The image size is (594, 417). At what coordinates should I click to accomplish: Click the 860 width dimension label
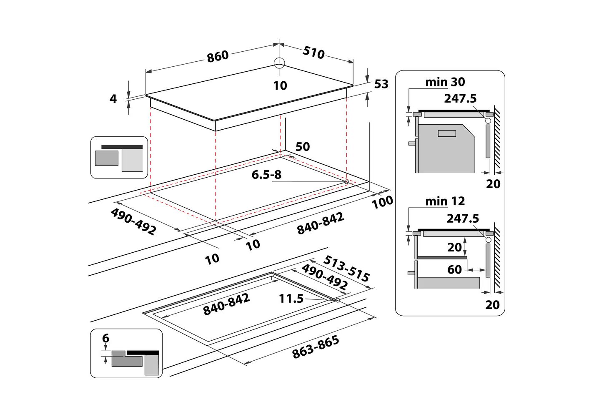tap(218, 56)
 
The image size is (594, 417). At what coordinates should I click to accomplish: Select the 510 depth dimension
tap(313, 52)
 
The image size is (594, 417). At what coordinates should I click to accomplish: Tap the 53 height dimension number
tap(381, 84)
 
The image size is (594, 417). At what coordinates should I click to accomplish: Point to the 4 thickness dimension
tap(113, 99)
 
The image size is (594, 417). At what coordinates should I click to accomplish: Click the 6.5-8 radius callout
tap(266, 175)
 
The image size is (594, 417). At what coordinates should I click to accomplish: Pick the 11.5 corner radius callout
tap(291, 299)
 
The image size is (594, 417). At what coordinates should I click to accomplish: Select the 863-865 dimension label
tap(316, 347)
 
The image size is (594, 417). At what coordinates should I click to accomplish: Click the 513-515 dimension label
tap(346, 269)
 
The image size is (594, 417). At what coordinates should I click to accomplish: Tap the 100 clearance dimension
tap(382, 202)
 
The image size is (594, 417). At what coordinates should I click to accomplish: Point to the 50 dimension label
tap(303, 147)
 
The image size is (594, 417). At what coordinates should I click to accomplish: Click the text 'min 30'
tap(445, 82)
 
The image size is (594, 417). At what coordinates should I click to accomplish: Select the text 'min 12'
tap(445, 201)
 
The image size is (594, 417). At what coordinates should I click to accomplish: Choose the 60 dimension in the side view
tap(454, 270)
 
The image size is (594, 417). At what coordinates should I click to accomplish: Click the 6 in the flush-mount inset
tap(105, 338)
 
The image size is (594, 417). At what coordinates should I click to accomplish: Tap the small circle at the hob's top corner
tap(279, 63)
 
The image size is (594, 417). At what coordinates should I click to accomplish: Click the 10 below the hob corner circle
tap(280, 85)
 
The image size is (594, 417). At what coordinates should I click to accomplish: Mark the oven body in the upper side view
tap(446, 148)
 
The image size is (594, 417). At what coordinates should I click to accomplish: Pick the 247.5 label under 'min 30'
tap(460, 98)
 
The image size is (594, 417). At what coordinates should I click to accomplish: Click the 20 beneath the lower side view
tap(492, 305)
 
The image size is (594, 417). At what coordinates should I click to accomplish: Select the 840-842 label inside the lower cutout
tap(226, 304)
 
